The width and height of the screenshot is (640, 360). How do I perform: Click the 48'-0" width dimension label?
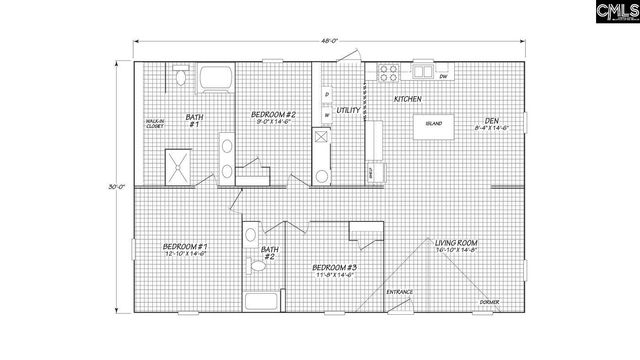[x=329, y=41]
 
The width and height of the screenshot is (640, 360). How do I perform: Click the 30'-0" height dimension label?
[x=118, y=187]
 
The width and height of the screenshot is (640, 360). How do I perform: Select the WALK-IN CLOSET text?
[x=155, y=124]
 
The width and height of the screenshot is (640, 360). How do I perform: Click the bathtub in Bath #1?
[x=214, y=77]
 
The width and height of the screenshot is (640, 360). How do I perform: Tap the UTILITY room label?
[x=348, y=110]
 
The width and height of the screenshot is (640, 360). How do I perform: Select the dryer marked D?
[x=327, y=96]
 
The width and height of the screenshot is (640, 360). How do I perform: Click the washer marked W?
[x=327, y=115]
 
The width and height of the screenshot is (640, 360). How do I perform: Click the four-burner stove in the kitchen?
[x=388, y=73]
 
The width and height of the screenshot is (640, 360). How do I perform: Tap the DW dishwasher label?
[x=443, y=76]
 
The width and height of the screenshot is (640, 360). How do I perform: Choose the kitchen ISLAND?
[x=434, y=125]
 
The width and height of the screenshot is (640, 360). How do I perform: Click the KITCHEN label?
[x=407, y=99]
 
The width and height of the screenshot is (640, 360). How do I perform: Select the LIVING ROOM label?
[x=454, y=242]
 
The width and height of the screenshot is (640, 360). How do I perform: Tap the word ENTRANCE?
[x=400, y=292]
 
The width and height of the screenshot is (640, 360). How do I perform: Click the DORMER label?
[x=488, y=300]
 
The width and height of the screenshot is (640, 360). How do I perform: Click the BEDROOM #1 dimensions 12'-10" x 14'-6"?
[x=186, y=254]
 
